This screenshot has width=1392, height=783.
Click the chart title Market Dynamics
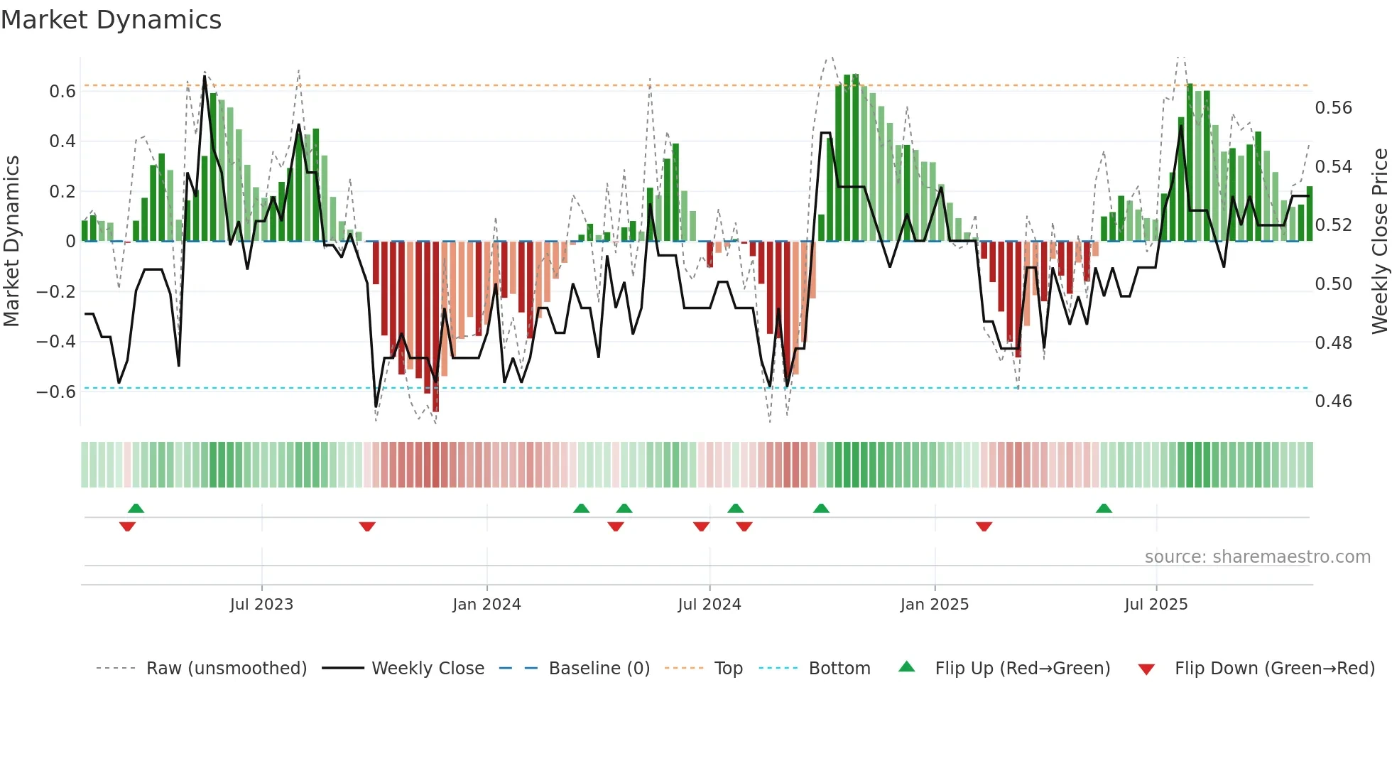111,20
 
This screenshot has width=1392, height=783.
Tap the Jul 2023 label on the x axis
261,605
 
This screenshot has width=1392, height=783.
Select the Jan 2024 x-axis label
486,605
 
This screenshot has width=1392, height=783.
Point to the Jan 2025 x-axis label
934,605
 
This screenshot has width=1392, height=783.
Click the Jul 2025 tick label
1156,605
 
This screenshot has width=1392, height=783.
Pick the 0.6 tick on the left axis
62,92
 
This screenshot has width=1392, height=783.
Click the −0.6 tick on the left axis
56,392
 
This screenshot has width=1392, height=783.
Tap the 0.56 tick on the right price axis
1333,108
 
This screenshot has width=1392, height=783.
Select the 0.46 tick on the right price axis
1333,401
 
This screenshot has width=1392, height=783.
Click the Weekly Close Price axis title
1379,242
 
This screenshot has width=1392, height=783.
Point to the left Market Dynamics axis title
11,242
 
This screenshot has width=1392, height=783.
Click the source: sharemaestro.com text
1257,557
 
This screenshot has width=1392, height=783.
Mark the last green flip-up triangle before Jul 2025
1104,509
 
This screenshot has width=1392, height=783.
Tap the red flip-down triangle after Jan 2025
984,526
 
